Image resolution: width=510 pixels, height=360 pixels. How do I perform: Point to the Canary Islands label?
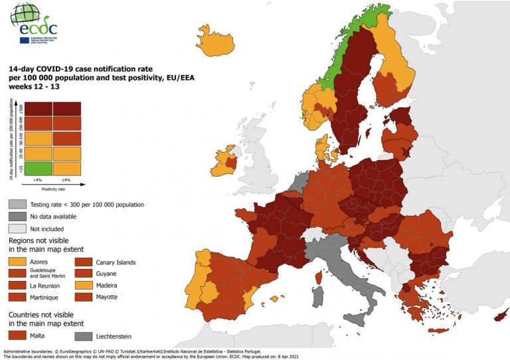pyautogui.click(x=116, y=262)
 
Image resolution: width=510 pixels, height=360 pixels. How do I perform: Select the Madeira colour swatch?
pyautogui.click(x=84, y=286)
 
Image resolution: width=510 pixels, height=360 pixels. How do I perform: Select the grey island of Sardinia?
pyautogui.click(x=318, y=296)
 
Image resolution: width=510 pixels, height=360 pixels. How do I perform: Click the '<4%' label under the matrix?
pyautogui.click(x=39, y=181)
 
